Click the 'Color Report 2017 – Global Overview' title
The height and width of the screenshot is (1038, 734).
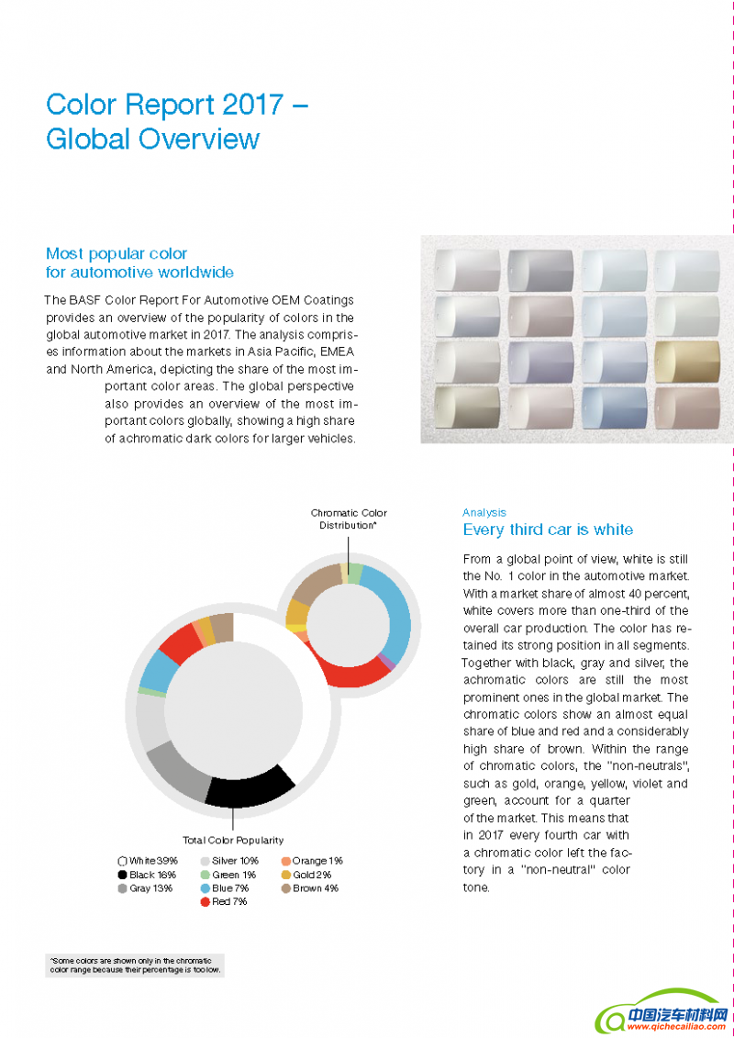point(176,121)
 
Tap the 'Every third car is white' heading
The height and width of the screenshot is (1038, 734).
point(548,530)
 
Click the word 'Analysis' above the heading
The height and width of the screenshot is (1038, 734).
point(484,513)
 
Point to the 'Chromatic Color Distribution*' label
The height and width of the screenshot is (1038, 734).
point(349,519)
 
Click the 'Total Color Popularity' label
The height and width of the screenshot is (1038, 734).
point(233,840)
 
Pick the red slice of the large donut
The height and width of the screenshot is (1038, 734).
point(181,643)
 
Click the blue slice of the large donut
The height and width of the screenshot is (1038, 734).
point(157,673)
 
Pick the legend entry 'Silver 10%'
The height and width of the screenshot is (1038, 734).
point(229,861)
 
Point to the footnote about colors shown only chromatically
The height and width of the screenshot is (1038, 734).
point(135,965)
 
